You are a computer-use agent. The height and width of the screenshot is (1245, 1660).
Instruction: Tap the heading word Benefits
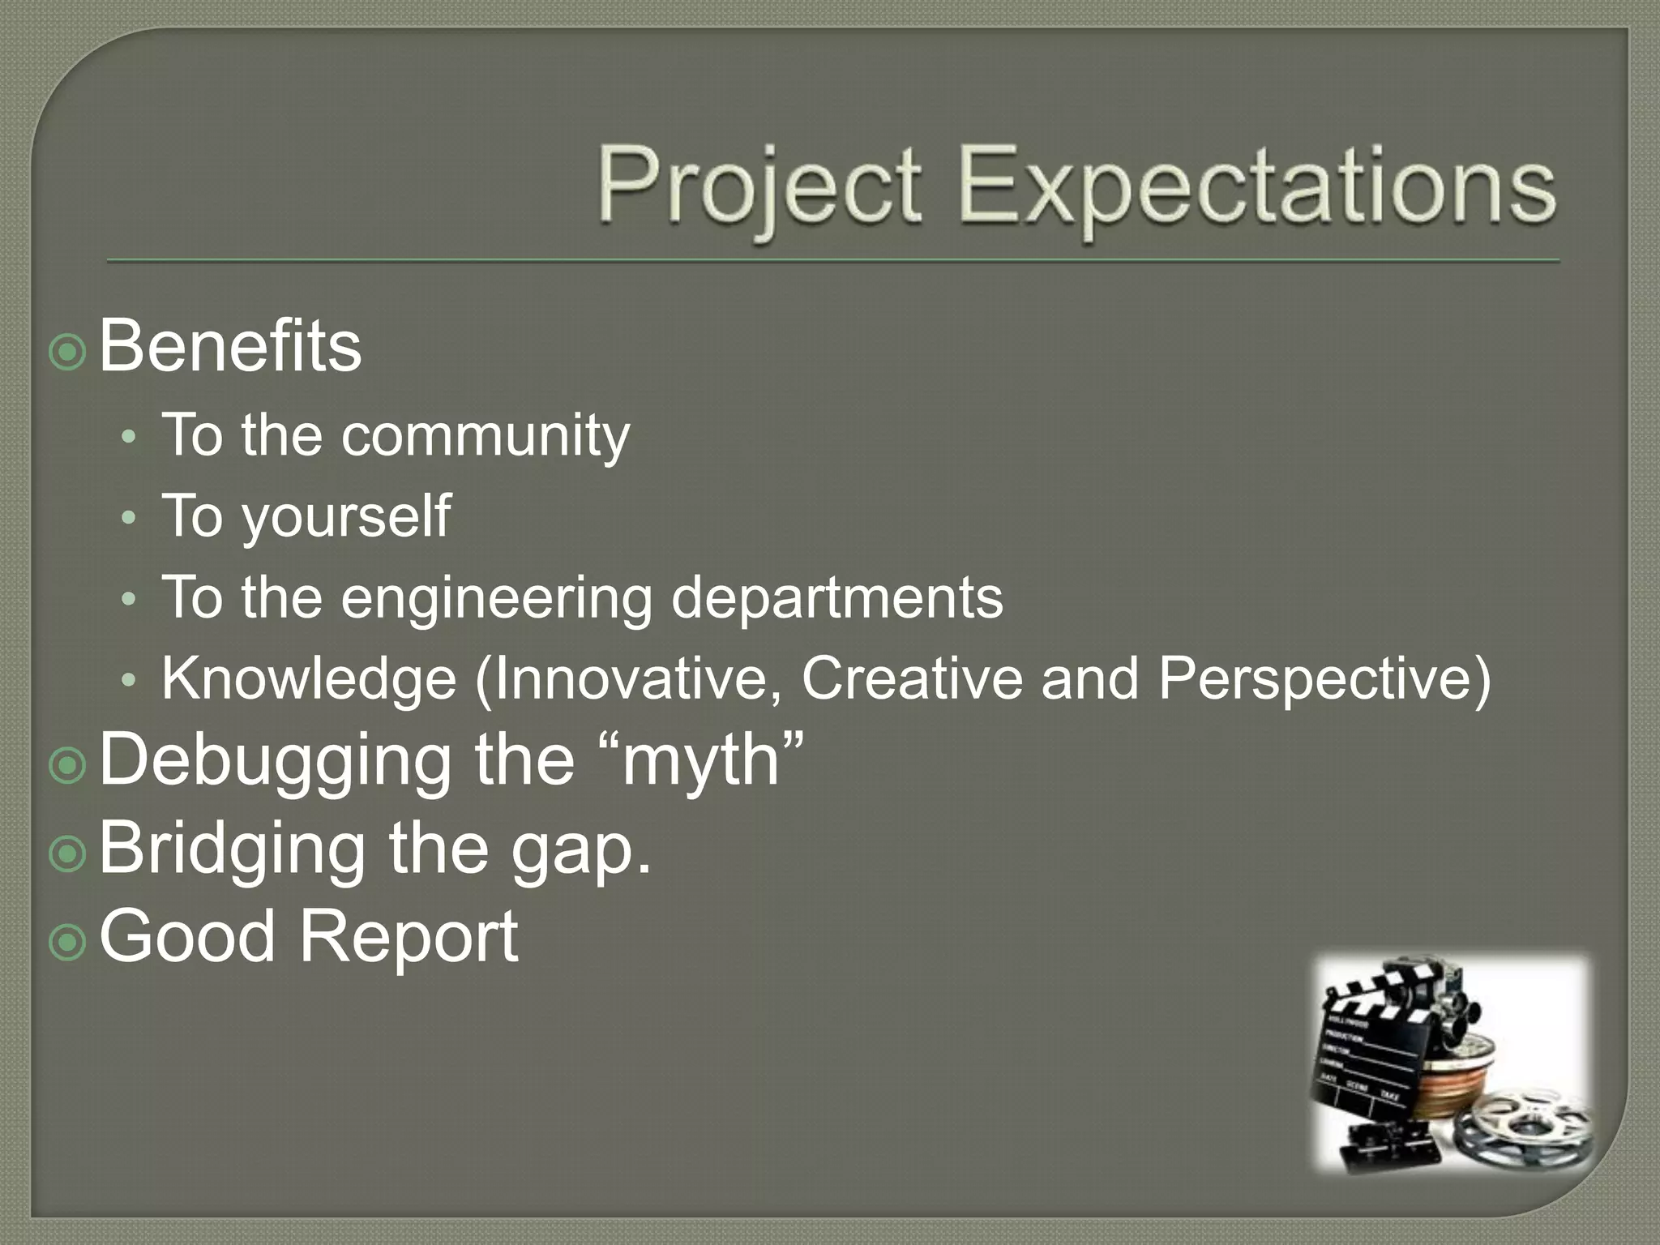click(x=230, y=347)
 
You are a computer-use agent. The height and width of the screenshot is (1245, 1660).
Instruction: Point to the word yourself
click(x=346, y=517)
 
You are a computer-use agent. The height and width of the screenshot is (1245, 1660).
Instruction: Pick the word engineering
click(x=495, y=598)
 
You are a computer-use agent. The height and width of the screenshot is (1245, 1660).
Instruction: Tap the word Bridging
click(x=232, y=849)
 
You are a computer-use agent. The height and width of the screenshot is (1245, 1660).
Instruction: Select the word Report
click(x=409, y=936)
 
